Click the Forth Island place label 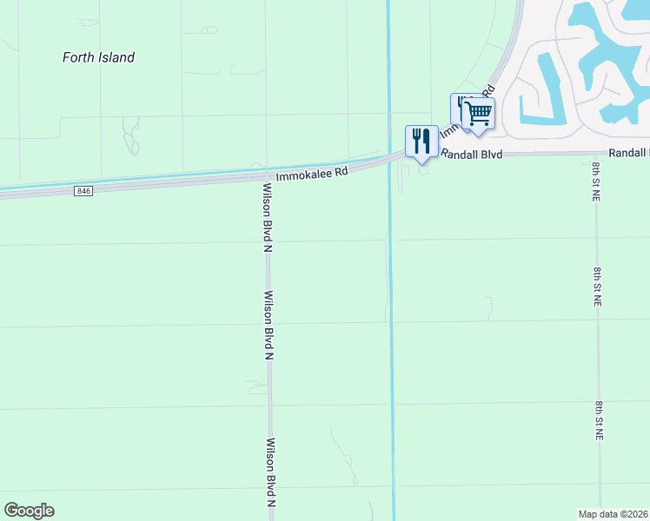(98, 57)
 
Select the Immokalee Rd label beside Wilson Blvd (312, 174)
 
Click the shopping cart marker (478, 113)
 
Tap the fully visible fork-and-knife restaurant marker (421, 141)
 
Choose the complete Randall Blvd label (472, 154)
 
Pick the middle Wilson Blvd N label (269, 325)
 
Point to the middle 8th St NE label (598, 287)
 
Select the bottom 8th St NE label (599, 421)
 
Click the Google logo (29, 511)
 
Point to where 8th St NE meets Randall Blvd (596, 154)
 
